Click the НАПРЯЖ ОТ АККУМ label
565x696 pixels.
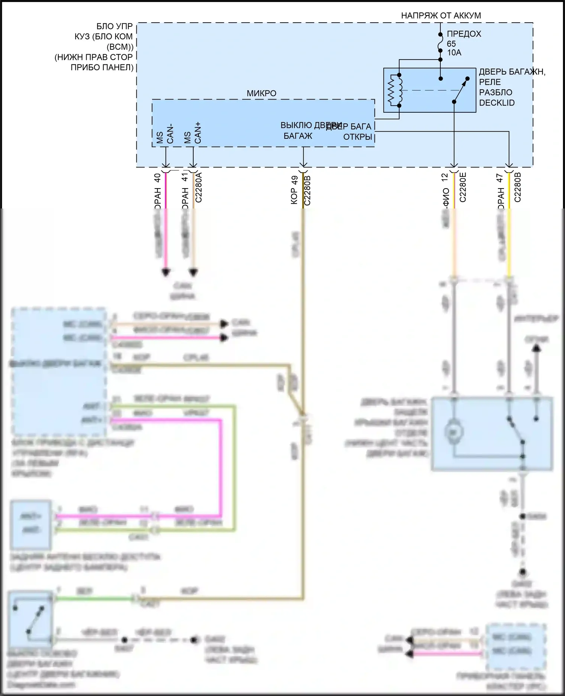(x=441, y=15)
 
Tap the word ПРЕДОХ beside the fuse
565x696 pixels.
(x=464, y=34)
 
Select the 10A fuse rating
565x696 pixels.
(x=454, y=53)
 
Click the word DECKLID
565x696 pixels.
(x=496, y=103)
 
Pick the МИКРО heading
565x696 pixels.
(x=261, y=94)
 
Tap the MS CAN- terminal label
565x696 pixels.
(x=165, y=134)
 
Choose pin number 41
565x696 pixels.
(x=185, y=177)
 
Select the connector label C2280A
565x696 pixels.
(x=199, y=187)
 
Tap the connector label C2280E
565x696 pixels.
(x=463, y=187)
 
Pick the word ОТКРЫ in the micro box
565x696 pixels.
(x=357, y=137)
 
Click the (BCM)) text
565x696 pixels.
(x=120, y=47)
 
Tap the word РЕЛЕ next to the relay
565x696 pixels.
(x=490, y=82)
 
